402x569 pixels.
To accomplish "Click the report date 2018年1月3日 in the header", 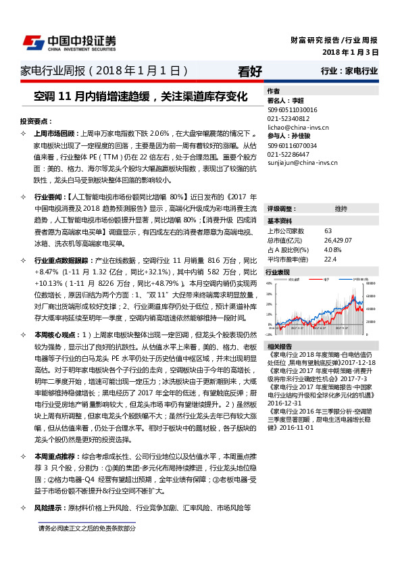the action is [x=351, y=52].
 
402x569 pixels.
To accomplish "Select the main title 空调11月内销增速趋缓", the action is [x=140, y=96].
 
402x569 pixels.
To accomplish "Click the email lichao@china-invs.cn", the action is [x=299, y=126].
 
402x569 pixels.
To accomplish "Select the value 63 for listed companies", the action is [x=328, y=231].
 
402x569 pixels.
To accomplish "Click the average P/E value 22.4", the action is [x=330, y=259].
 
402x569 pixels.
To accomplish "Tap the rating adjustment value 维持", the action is [x=341, y=209].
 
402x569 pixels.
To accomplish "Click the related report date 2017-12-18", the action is [x=362, y=362].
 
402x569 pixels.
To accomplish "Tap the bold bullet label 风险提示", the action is [x=48, y=508].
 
